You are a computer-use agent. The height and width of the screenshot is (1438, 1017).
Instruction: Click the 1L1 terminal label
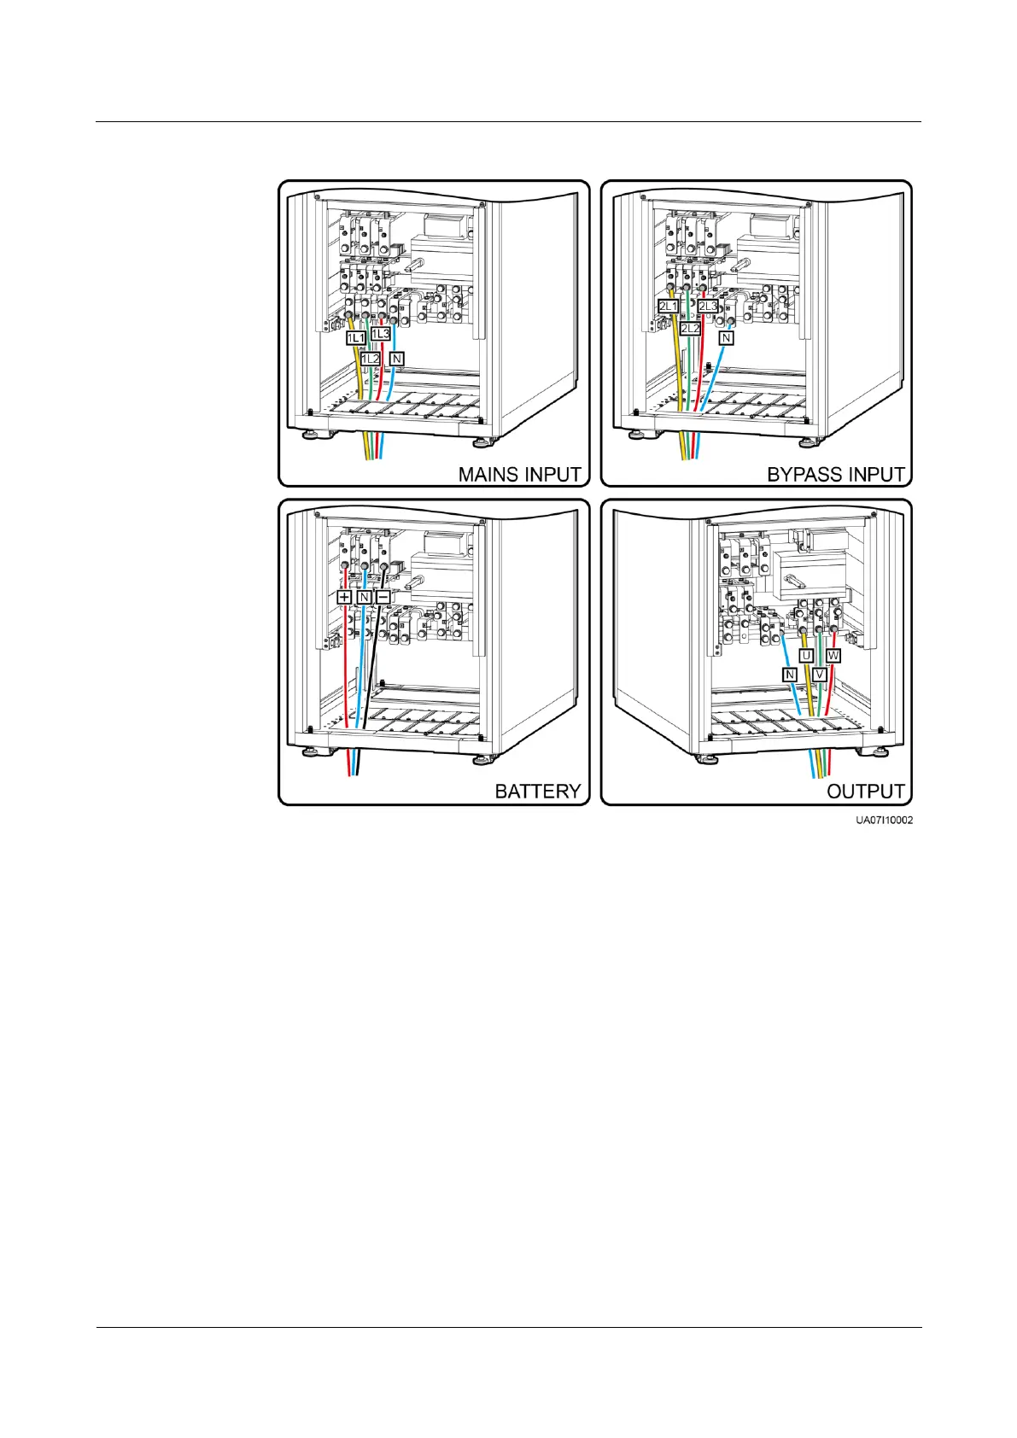pyautogui.click(x=355, y=338)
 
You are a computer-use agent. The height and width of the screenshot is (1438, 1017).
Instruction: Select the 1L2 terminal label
pyautogui.click(x=370, y=359)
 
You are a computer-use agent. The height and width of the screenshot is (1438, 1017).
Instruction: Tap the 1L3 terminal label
pyautogui.click(x=381, y=333)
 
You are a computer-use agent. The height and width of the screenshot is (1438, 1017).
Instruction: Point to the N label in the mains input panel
pyautogui.click(x=396, y=359)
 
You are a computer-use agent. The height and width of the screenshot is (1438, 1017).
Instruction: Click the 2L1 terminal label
pyautogui.click(x=668, y=307)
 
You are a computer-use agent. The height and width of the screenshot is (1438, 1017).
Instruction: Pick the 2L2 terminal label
pyautogui.click(x=690, y=328)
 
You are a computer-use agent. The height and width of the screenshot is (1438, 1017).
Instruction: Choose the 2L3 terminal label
pyautogui.click(x=708, y=307)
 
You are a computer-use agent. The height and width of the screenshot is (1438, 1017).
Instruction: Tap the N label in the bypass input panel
pyautogui.click(x=726, y=338)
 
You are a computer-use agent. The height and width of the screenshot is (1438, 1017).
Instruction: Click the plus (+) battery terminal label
pyautogui.click(x=344, y=597)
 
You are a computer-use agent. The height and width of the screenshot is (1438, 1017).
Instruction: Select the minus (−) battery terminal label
pyautogui.click(x=383, y=597)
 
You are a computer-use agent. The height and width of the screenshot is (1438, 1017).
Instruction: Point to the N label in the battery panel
pyautogui.click(x=364, y=597)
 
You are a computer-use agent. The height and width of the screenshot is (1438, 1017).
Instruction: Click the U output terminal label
pyautogui.click(x=806, y=656)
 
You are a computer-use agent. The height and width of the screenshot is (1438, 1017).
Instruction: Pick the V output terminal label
pyautogui.click(x=820, y=675)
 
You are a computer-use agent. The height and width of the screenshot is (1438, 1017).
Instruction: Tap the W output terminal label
pyautogui.click(x=833, y=656)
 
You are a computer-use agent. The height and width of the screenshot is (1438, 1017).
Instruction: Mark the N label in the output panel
pyautogui.click(x=790, y=675)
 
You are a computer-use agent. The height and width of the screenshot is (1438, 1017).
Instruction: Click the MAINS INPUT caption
pyautogui.click(x=519, y=474)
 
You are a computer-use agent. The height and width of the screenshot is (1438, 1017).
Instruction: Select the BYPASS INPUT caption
pyautogui.click(x=835, y=474)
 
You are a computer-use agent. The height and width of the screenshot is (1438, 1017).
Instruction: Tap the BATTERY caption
pyautogui.click(x=538, y=792)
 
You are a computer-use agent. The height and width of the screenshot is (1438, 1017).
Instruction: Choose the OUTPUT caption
pyautogui.click(x=865, y=792)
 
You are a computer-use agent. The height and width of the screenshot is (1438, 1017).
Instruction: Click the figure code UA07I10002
pyautogui.click(x=885, y=820)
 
